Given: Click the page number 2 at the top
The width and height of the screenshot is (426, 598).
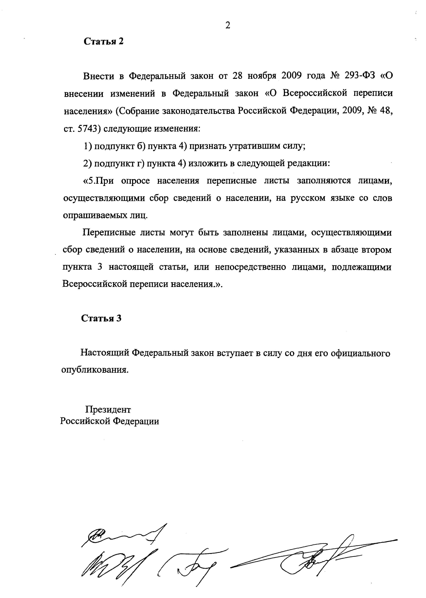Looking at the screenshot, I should click(228, 25).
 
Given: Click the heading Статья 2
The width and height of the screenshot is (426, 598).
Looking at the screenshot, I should click(103, 41).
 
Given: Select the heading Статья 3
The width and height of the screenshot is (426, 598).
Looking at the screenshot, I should click(101, 318).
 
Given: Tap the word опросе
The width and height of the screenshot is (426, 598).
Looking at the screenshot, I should click(135, 181).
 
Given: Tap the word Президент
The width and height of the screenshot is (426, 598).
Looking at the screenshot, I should click(108, 410).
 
